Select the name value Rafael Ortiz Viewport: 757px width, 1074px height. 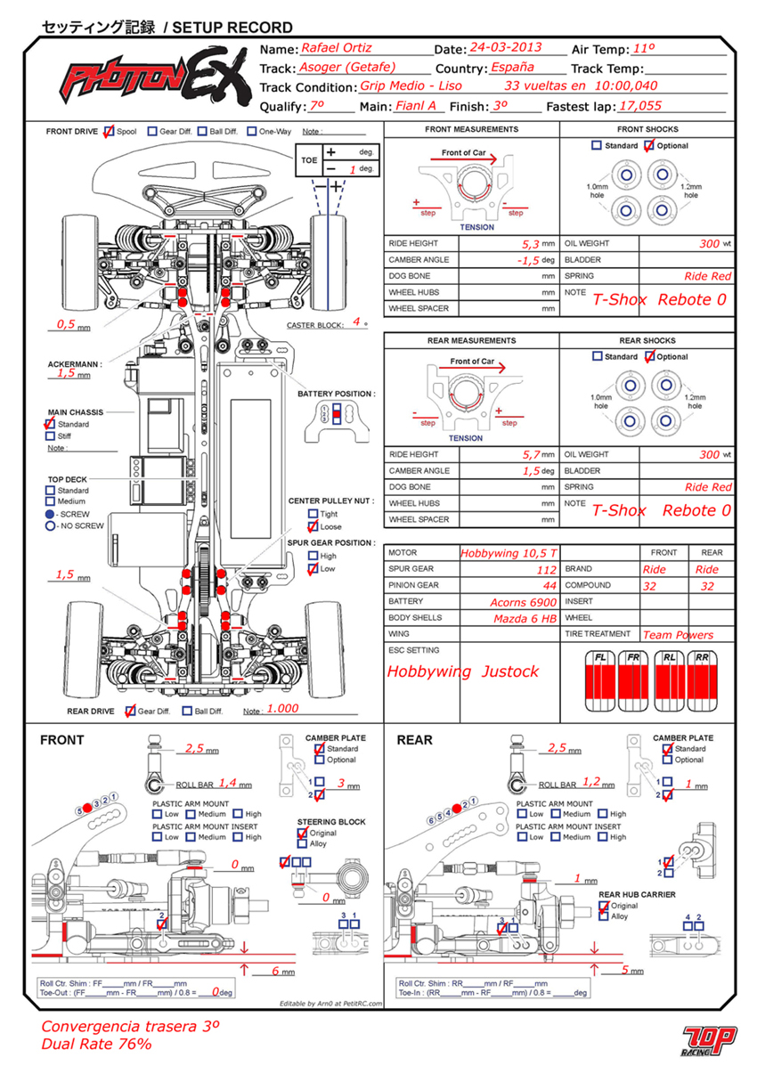click(336, 48)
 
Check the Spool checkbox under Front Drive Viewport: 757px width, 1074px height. click(109, 132)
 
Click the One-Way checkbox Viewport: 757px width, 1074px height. click(252, 132)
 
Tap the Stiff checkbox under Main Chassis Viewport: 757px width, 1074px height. click(49, 436)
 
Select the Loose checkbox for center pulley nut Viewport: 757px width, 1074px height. click(313, 526)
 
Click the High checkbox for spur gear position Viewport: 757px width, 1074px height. click(313, 556)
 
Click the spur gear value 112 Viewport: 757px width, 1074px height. click(545, 570)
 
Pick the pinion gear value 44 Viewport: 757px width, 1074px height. click(549, 586)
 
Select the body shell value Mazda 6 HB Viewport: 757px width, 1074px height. click(525, 618)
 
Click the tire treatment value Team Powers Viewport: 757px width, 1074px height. click(678, 635)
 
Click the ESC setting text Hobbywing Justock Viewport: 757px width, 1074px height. click(462, 671)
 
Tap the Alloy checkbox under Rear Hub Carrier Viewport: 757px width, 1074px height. click(605, 916)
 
